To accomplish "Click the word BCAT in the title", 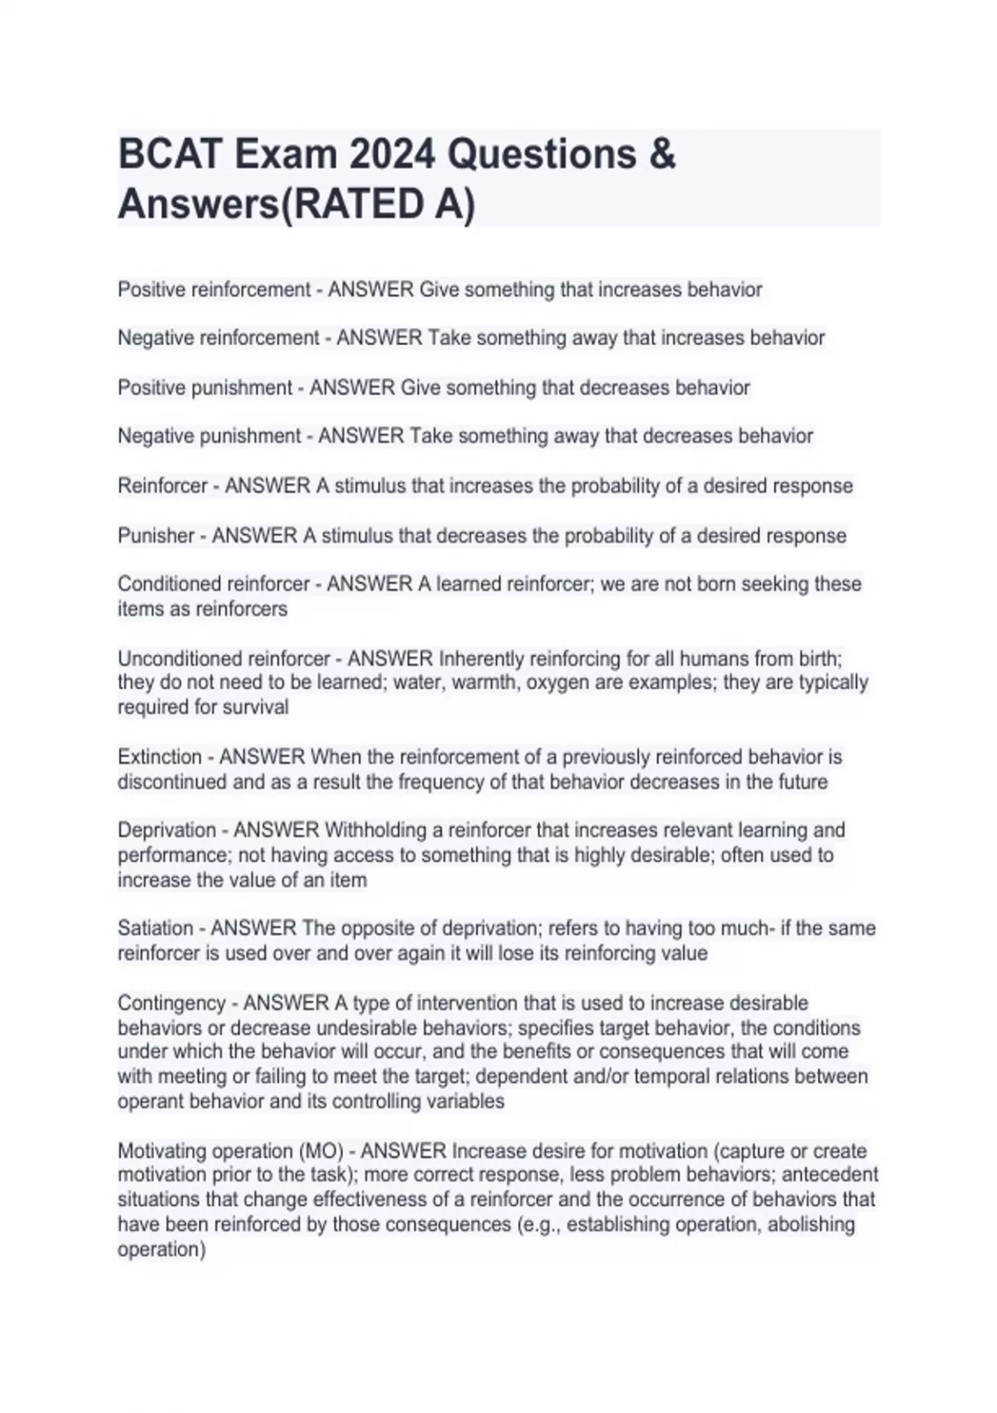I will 169,155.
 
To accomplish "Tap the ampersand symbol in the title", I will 662,155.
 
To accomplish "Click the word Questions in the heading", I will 542,155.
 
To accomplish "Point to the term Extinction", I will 160,757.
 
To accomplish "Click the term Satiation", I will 155,928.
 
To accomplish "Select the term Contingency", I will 172,1003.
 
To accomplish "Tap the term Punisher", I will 156,536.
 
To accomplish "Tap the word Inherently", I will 481,659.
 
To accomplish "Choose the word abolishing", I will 811,1225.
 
